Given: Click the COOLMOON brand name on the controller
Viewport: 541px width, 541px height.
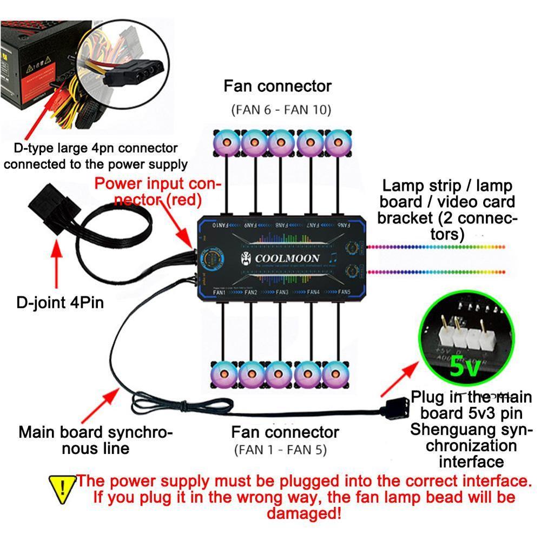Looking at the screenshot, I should click(287, 258).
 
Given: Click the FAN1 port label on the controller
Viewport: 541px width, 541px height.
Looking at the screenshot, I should click(220, 292).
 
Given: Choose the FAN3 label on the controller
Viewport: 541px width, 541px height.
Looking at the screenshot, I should click(281, 292).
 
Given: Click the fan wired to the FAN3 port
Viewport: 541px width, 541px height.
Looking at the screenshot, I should click(279, 373).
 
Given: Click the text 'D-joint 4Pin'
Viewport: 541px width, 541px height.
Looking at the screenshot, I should click(60, 301).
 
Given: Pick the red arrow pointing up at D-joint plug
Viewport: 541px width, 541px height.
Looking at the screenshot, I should click(56, 265).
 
